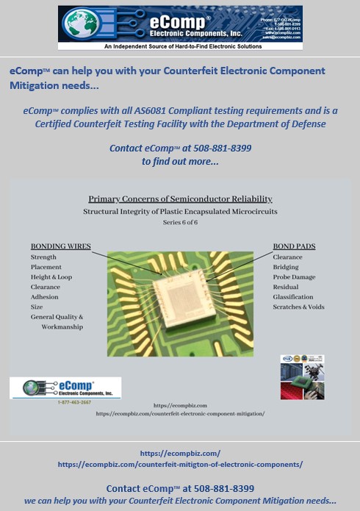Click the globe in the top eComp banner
coord(82,24)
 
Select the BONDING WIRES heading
coord(60,246)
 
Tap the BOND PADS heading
coord(295,246)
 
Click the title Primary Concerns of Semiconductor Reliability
coord(180,199)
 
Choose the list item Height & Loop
coord(51,277)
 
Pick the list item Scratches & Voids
coord(298,307)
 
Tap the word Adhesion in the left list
coord(44,297)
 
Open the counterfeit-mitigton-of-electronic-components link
coord(180,465)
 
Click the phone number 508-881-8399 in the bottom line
coord(224,488)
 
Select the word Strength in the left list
coord(43,257)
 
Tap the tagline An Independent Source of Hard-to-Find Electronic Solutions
coord(180,46)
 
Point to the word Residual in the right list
coord(286,287)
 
